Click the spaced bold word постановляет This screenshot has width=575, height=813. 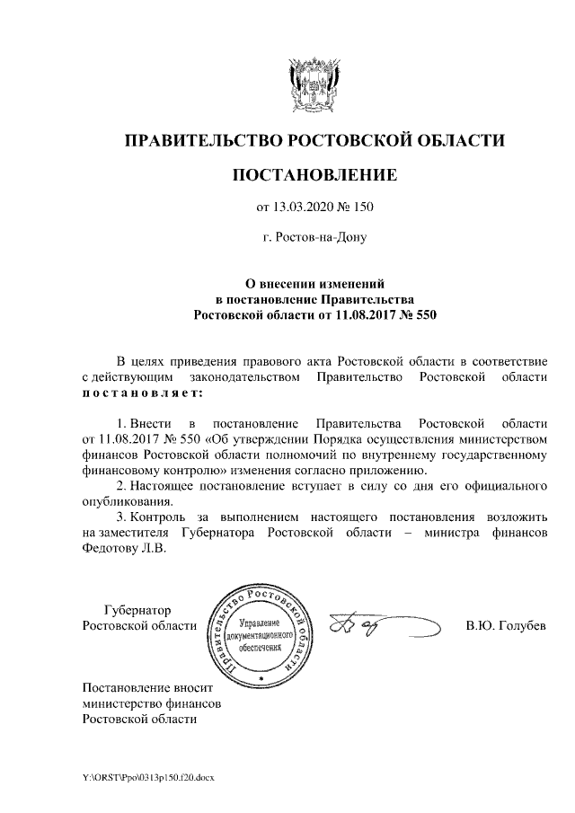point(143,393)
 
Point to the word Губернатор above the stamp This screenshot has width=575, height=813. point(137,609)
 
